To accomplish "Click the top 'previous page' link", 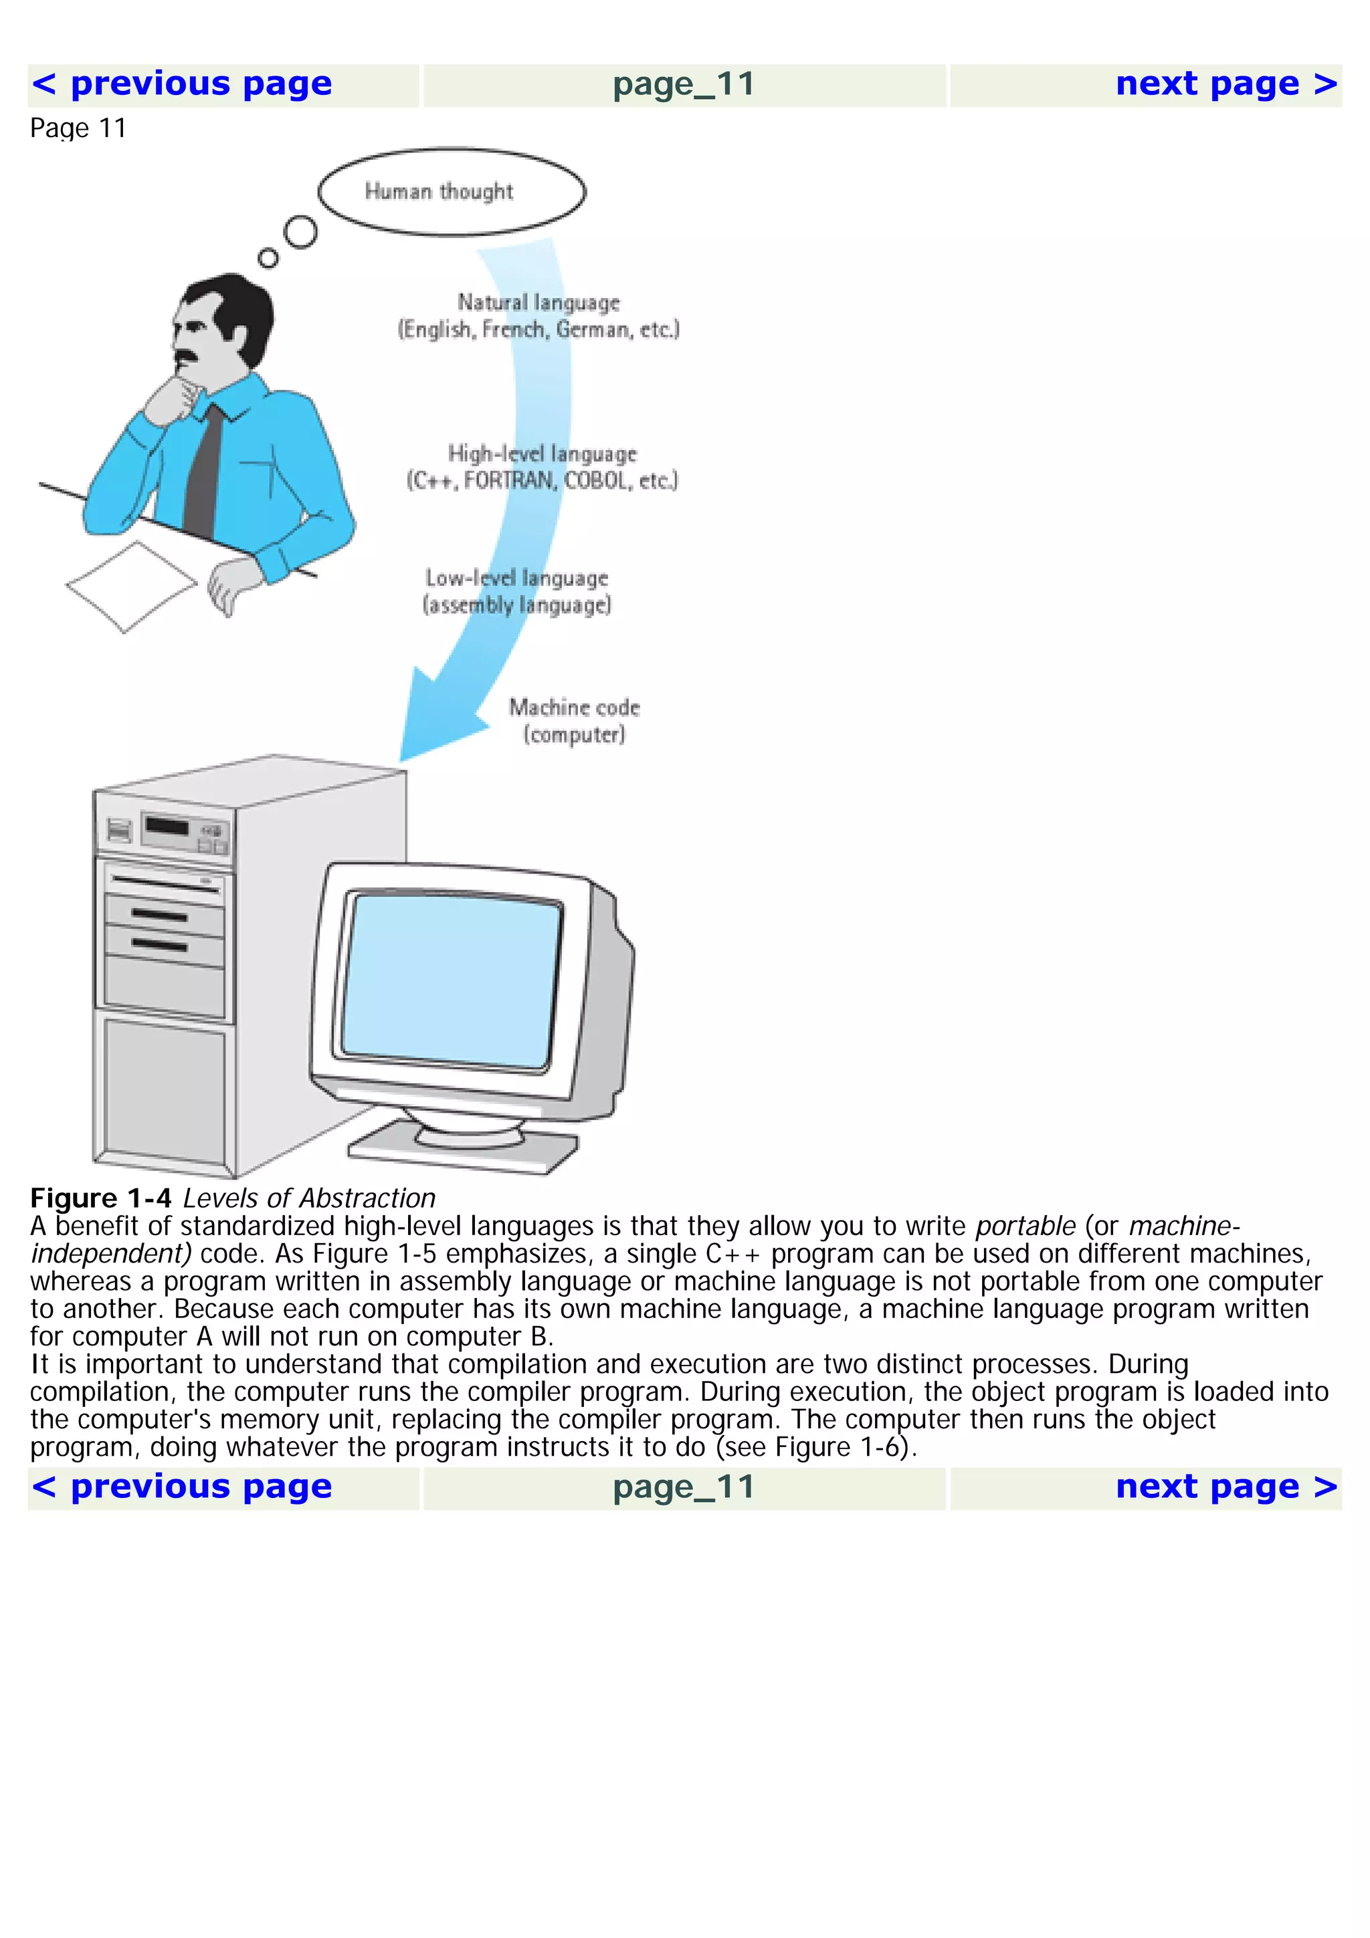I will [x=181, y=84].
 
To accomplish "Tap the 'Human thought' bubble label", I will [x=439, y=192].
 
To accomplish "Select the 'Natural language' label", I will [x=539, y=302].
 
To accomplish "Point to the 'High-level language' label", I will [x=542, y=453].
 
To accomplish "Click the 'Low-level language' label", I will [x=516, y=578].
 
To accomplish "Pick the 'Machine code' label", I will [x=574, y=708].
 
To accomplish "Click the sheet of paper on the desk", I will [x=131, y=586].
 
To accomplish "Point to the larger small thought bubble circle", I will [x=300, y=231].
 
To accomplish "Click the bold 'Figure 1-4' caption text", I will [x=100, y=1198].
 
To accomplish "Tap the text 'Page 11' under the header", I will [x=78, y=128].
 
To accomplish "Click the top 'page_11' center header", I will [x=683, y=84].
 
